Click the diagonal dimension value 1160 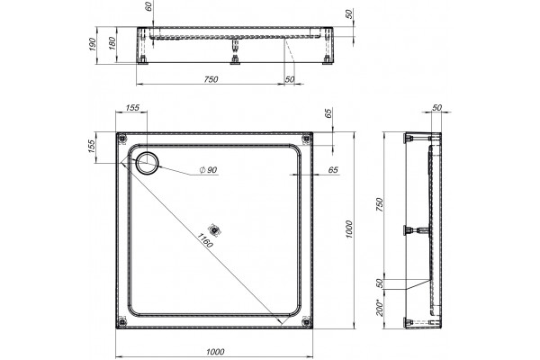click(x=205, y=240)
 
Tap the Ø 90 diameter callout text click(x=209, y=170)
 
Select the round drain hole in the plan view click(x=148, y=163)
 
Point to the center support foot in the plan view click(x=214, y=229)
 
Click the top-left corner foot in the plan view click(x=121, y=139)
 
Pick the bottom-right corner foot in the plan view click(x=306, y=322)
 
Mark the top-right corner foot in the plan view click(x=306, y=139)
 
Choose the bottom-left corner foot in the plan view click(x=121, y=322)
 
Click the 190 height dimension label click(x=92, y=44)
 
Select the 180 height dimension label click(x=112, y=44)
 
